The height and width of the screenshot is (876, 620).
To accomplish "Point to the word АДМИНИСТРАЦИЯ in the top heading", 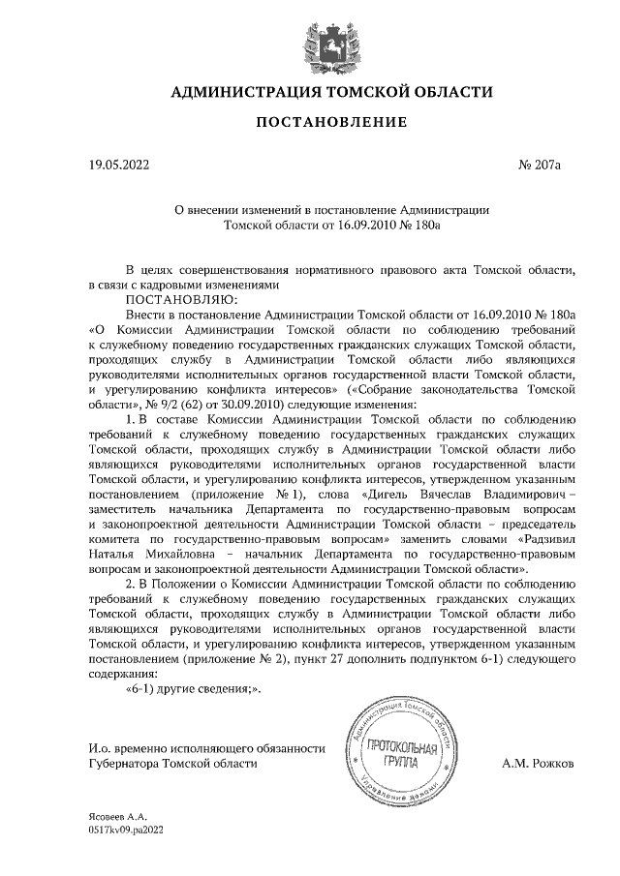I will click(235, 93).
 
